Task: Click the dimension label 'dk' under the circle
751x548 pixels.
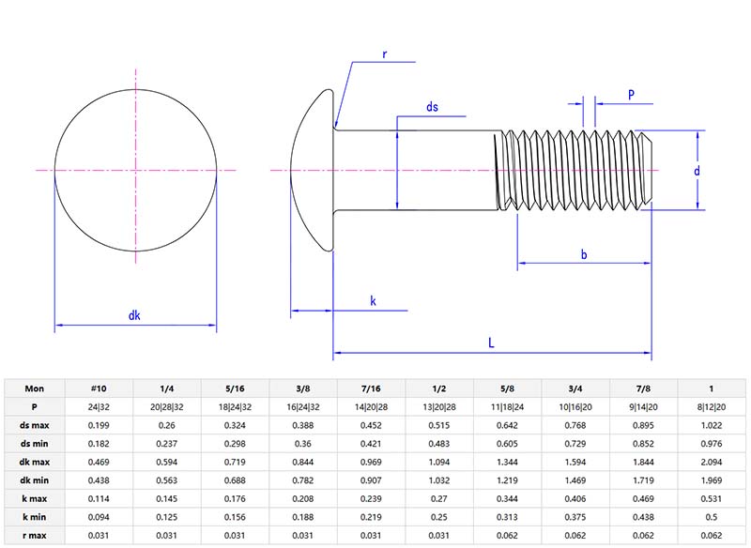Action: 134,316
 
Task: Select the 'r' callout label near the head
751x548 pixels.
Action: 384,54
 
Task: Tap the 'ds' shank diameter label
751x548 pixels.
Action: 432,108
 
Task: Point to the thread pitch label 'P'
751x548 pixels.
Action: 631,95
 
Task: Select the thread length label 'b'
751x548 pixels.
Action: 584,254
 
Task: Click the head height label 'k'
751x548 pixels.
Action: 373,301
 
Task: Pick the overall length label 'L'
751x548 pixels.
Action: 491,343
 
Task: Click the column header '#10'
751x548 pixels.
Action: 99,388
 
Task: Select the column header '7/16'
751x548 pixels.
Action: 371,388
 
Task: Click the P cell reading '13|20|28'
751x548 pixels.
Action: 439,406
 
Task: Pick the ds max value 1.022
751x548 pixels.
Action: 712,424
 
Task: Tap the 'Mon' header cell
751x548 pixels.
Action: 34,388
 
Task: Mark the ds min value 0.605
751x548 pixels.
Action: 507,442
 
